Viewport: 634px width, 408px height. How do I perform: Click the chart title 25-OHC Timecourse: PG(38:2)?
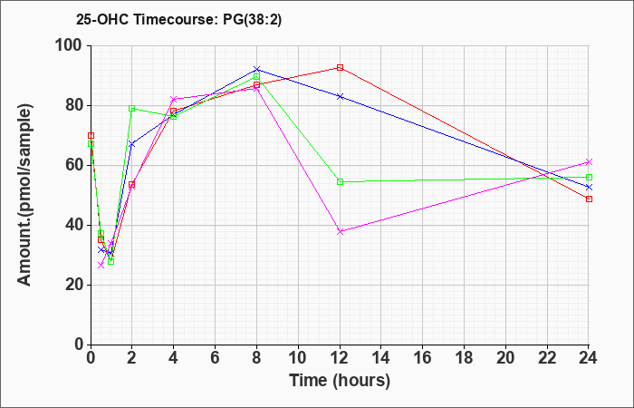178,19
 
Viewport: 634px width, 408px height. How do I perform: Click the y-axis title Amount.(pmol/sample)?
24,195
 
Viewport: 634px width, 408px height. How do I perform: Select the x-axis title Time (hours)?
340,381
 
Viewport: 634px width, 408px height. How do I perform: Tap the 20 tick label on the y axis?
75,285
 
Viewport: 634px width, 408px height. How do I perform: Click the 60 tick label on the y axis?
75,166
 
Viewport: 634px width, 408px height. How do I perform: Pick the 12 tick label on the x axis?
340,358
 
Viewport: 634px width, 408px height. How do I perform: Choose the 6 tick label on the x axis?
215,358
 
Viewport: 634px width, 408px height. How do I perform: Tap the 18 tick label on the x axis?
464,358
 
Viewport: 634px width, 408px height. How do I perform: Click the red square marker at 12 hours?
340,68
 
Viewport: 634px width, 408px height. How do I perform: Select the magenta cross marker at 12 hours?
340,231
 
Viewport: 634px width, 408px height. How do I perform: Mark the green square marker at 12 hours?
340,181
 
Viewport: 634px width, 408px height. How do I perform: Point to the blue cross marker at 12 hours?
340,96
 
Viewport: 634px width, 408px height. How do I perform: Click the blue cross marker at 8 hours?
256,69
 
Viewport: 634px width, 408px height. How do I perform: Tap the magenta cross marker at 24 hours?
589,162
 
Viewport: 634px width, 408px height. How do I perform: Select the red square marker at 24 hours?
589,199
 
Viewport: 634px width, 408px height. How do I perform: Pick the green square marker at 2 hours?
132,108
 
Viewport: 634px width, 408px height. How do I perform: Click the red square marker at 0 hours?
91,136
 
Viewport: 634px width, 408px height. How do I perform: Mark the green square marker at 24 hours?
589,178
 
